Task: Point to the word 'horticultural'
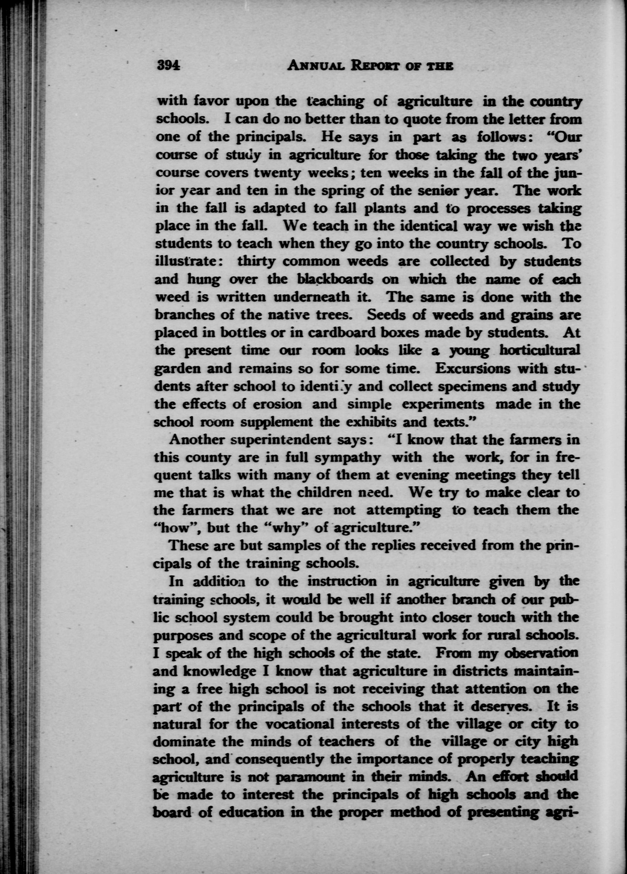click(539, 350)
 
